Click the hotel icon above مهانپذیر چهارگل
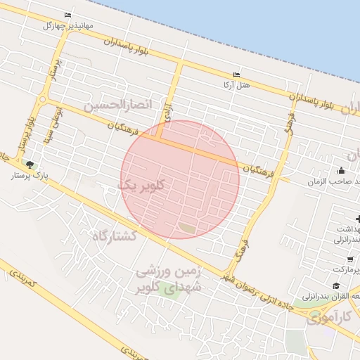[x=67, y=15]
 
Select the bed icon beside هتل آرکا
[x=236, y=75]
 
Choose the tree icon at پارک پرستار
[x=29, y=164]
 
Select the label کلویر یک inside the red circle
[x=143, y=185]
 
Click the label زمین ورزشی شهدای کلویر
[x=167, y=278]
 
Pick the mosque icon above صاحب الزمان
[x=341, y=169]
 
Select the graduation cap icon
[x=336, y=285]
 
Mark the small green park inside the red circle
[x=187, y=226]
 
